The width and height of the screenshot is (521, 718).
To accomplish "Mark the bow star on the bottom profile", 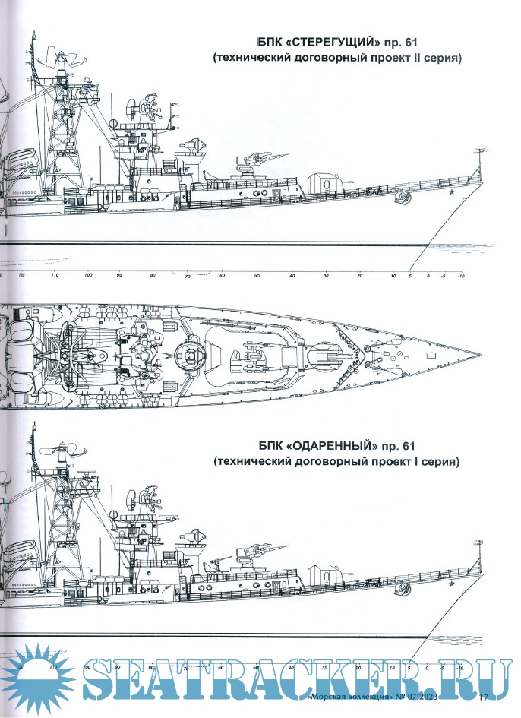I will [453, 585].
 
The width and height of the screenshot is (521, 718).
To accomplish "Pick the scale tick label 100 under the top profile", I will [89, 275].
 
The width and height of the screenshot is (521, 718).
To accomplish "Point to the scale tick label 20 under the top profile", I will [358, 275].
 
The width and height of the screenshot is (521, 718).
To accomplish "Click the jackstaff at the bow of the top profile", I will [480, 163].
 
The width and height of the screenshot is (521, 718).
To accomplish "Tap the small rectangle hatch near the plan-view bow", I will [431, 355].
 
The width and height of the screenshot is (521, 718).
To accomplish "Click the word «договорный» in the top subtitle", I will [309, 58].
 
